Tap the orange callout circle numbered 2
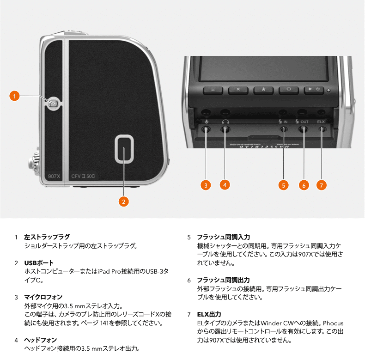point(123,201)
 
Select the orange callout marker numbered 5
point(283,185)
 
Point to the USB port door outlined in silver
point(124,148)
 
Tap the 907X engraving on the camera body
point(55,176)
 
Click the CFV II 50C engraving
point(84,176)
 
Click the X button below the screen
point(238,90)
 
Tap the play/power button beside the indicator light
point(314,90)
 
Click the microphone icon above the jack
point(206,122)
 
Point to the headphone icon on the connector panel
point(225,122)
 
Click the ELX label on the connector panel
point(322,122)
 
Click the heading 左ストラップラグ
point(47,237)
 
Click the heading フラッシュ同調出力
point(223,280)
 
